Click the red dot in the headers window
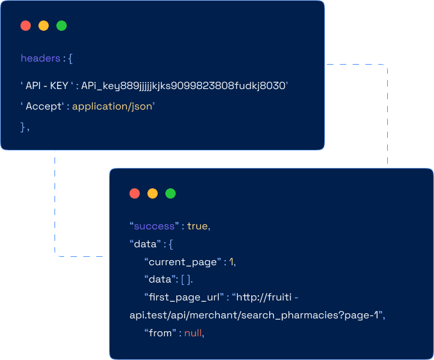[x=26, y=26]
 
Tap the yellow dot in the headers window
[x=44, y=26]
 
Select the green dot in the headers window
[x=62, y=26]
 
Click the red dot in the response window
[x=135, y=193]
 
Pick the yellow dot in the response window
[x=153, y=193]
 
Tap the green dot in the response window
[x=171, y=193]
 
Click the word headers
[x=40, y=58]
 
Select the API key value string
[x=185, y=85]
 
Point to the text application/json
[x=113, y=106]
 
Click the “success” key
[x=154, y=226]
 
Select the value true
[x=197, y=226]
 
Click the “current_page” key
[x=183, y=261]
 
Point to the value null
[x=193, y=333]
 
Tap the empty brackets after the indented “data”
[x=186, y=279]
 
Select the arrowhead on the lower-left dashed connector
[x=59, y=256]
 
